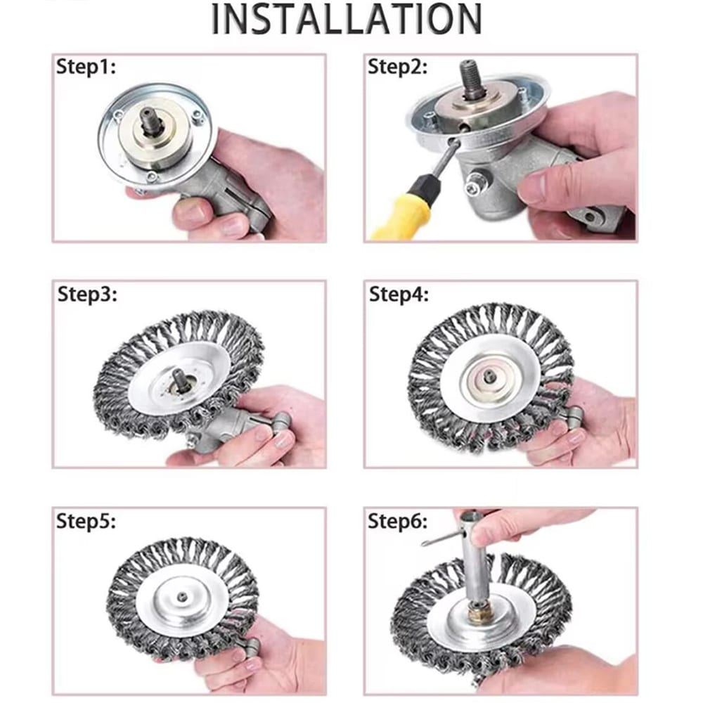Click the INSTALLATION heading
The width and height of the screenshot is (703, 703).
pyautogui.click(x=347, y=18)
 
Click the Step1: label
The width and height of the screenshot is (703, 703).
pyautogui.click(x=86, y=67)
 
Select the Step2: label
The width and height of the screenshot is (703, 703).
pyautogui.click(x=397, y=67)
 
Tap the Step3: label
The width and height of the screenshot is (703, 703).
pyautogui.click(x=87, y=294)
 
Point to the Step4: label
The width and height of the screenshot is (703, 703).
pyautogui.click(x=399, y=294)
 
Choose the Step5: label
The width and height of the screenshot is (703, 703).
pyautogui.click(x=86, y=521)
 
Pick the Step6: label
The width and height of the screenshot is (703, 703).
pyautogui.click(x=397, y=521)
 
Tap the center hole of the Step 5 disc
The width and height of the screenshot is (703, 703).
pyautogui.click(x=182, y=597)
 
